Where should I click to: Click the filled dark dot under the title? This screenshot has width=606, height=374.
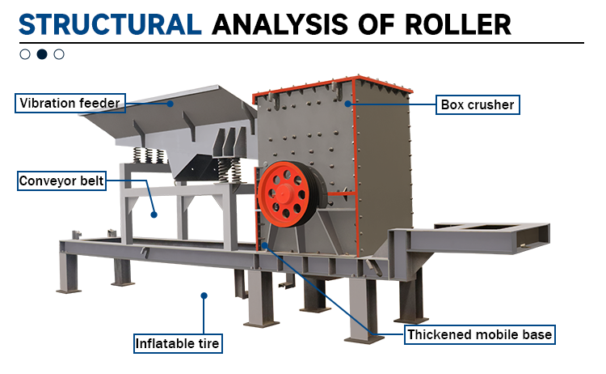point(42,54)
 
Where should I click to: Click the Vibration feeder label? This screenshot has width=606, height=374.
point(70,103)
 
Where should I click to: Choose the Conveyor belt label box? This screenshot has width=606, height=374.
point(61,181)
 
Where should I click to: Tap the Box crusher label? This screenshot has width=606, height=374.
point(477,104)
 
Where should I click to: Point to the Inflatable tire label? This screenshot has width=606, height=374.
point(177,344)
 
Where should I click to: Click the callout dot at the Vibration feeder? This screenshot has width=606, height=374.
point(170,103)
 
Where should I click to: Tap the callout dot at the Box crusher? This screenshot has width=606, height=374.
point(347,104)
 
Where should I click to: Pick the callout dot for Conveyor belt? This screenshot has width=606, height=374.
point(154,215)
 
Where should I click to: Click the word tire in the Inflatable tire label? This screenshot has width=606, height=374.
point(207,344)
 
